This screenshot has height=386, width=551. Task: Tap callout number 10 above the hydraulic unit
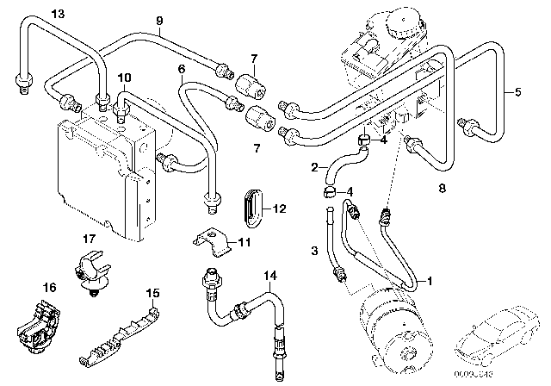(124, 78)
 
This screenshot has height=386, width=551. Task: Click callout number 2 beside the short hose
(315, 167)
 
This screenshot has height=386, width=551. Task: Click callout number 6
(181, 69)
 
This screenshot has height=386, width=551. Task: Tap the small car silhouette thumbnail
(498, 339)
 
